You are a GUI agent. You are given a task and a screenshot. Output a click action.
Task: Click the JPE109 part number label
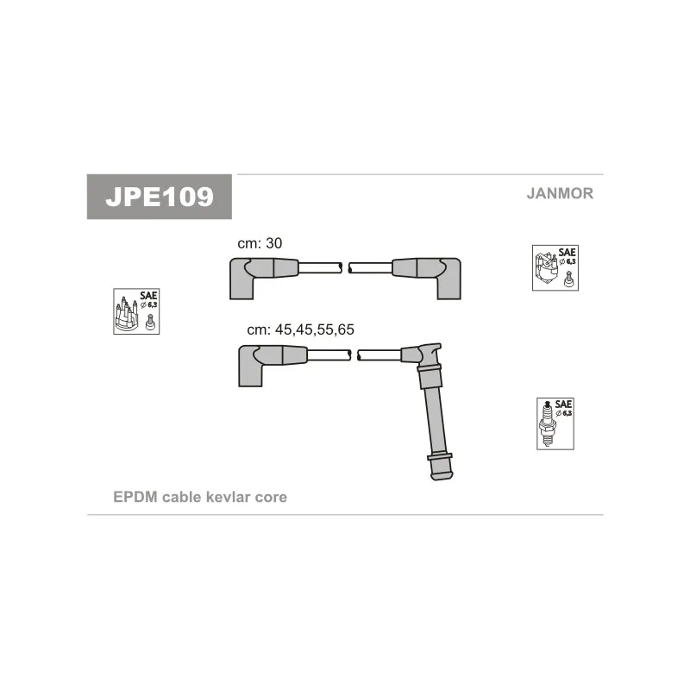pyautogui.click(x=160, y=197)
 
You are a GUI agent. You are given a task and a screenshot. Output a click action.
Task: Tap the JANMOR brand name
pyautogui.click(x=560, y=193)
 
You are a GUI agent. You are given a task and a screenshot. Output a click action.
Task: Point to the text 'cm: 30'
pyautogui.click(x=260, y=244)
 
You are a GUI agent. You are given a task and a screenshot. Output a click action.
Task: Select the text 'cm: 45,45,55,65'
pyautogui.click(x=301, y=329)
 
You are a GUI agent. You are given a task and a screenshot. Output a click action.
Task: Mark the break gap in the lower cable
pyautogui.click(x=354, y=354)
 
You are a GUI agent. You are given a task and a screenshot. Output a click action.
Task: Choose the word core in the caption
pyautogui.click(x=271, y=498)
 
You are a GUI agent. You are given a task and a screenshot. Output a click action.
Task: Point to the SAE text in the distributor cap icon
pyautogui.click(x=152, y=295)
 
